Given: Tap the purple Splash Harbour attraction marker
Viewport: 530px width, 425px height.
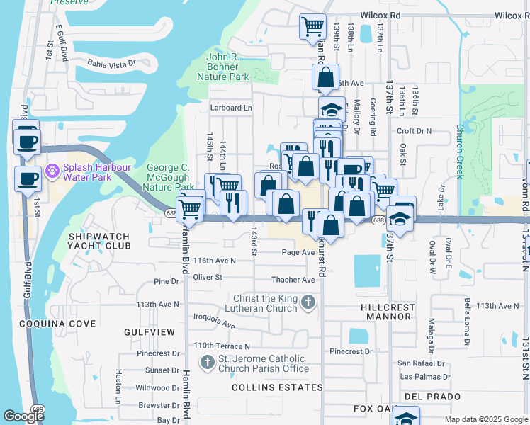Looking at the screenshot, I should tap(51, 172).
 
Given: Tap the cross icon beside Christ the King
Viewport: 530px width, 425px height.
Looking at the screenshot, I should tap(308, 303).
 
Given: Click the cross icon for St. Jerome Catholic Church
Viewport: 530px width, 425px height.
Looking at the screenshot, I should tap(207, 363).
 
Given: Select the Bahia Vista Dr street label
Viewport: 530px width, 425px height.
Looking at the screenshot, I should tap(111, 63).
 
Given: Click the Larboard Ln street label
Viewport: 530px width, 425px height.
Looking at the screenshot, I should tap(231, 108).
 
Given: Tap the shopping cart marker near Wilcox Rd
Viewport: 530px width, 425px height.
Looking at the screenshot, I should tap(312, 28).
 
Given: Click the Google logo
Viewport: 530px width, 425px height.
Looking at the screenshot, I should tap(23, 417).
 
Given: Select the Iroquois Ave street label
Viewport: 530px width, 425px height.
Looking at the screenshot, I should tap(214, 322).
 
